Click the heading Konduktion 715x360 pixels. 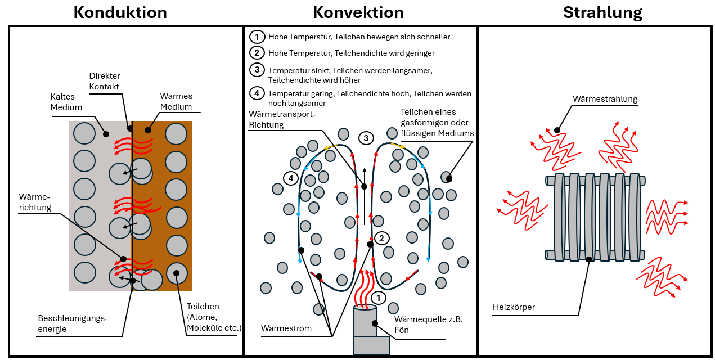tap(120, 12)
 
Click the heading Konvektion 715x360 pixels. tap(358, 12)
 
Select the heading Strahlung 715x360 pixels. tap(602, 12)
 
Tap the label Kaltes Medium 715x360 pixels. tap(66, 102)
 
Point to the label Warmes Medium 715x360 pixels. tap(176, 102)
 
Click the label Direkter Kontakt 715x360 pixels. tap(105, 81)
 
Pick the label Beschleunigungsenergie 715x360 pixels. tap(73, 323)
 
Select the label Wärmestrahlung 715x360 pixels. tap(605, 99)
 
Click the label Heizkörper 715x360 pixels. tap(514, 307)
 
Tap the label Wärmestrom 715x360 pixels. tap(286, 328)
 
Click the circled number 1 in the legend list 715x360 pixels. tap(257, 37)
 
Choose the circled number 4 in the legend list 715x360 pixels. tap(257, 93)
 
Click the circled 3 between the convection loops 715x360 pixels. tap(366, 138)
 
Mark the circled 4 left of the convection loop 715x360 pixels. tap(290, 178)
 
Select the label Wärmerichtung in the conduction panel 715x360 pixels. tap(34, 202)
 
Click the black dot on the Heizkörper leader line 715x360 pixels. tap(588, 259)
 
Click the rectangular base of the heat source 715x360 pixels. tap(371, 345)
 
